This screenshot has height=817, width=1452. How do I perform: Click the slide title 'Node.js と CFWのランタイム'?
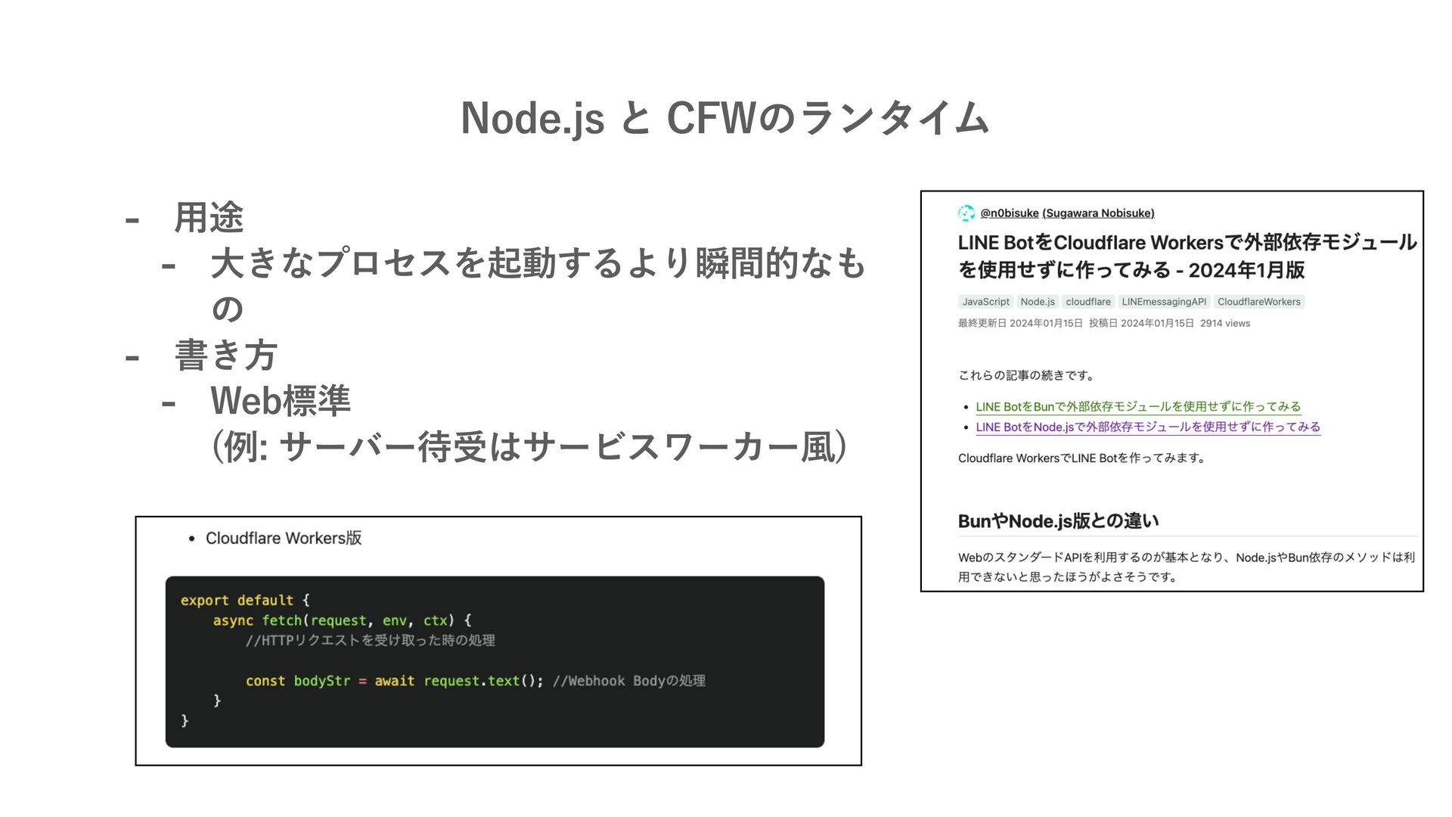725,119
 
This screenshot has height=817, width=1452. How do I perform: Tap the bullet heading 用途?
209,218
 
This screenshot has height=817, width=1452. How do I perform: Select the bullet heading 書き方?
225,356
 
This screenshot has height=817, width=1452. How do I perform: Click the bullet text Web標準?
281,401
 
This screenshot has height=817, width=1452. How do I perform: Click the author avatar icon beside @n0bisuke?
966,213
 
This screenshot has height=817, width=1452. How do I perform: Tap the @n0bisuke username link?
1009,213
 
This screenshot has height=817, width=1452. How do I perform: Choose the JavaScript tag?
985,302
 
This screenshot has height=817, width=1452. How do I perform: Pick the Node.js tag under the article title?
1038,302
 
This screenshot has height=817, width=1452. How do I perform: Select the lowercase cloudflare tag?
1088,302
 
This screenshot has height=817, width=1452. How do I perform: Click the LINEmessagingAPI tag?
1164,302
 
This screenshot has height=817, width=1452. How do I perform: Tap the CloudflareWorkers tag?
1259,302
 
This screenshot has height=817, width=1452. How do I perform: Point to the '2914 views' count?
1225,324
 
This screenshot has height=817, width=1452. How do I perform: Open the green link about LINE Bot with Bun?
1138,407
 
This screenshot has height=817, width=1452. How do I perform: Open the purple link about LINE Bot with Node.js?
1148,427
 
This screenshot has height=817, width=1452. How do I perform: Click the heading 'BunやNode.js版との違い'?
1058,521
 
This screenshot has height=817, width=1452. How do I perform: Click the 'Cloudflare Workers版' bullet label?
284,539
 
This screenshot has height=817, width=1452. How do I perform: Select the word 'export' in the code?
204,601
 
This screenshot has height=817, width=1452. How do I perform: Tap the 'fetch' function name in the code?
282,621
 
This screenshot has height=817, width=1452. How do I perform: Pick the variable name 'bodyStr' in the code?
322,682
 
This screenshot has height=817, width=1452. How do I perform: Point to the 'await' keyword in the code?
395,682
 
